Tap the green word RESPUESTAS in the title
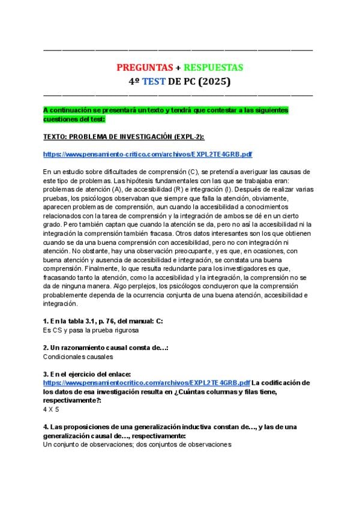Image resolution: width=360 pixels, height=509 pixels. (x=213, y=68)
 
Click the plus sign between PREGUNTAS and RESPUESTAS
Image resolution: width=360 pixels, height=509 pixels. (x=178, y=68)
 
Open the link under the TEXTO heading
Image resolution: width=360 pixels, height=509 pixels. (x=148, y=154)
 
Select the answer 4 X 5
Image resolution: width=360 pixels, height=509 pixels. (x=53, y=408)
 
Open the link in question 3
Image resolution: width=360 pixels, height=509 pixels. (x=146, y=382)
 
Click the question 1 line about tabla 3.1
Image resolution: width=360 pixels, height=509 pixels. (x=103, y=321)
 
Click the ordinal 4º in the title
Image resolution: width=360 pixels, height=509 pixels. (x=135, y=81)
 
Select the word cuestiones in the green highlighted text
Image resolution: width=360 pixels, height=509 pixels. (x=62, y=119)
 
